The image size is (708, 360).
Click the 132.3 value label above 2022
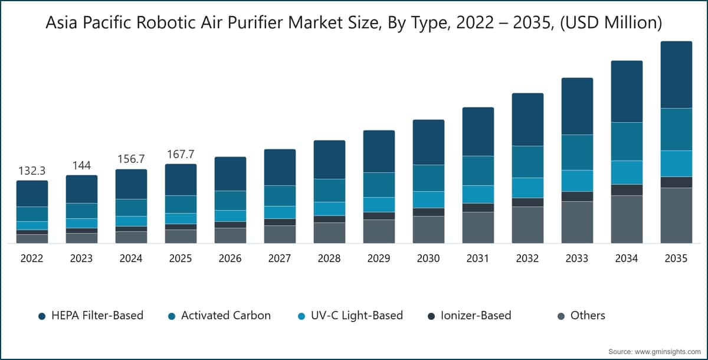coord(32,171)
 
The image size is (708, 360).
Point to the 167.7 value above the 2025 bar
coord(181,154)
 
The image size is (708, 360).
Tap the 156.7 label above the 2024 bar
coord(131,159)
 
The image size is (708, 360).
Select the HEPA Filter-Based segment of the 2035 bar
coord(676,74)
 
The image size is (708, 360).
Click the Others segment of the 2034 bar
coord(627,219)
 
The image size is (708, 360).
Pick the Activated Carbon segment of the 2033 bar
coord(577,152)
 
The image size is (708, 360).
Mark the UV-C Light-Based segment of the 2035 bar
coord(676,163)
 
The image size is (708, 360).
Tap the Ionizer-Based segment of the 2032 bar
coord(527,202)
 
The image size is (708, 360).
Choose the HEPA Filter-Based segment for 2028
coord(329,159)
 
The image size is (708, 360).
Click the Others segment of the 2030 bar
coord(428,230)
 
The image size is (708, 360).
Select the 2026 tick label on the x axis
coord(230,258)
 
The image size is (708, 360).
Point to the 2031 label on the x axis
coord(478,258)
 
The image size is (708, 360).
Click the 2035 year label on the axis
coord(676,258)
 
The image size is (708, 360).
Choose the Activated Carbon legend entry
coord(225,316)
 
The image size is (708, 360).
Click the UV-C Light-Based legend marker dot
coord(301,316)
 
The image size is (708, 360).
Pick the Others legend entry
coord(588,316)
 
